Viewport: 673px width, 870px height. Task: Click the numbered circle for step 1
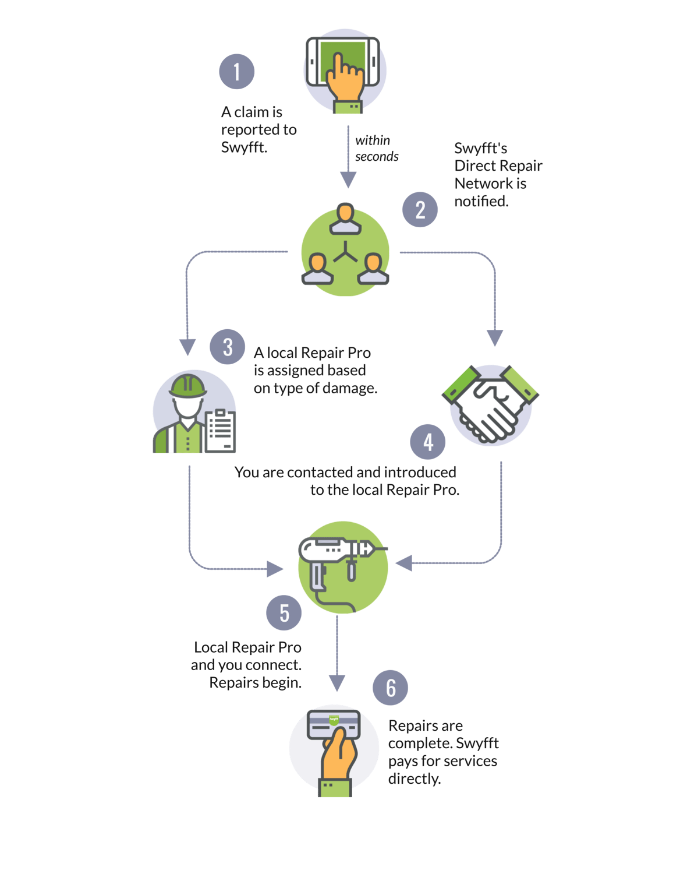tap(236, 72)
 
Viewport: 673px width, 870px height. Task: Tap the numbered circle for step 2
tap(420, 210)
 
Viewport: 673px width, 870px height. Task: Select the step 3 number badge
tap(227, 347)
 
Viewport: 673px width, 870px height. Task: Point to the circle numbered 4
tap(428, 442)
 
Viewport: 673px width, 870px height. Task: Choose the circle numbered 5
tap(284, 612)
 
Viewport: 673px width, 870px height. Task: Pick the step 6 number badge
tap(391, 688)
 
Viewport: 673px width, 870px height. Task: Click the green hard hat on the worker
tap(187, 386)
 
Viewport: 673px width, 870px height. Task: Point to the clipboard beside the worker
tap(221, 431)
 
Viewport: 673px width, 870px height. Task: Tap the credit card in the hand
tap(334, 723)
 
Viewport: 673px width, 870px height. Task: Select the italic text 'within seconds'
tap(376, 149)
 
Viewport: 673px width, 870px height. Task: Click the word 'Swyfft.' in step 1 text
tap(244, 147)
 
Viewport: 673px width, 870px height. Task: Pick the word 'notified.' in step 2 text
tap(481, 202)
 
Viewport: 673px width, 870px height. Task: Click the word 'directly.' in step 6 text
tap(414, 779)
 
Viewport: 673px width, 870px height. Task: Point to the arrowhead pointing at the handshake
tap(494, 338)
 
